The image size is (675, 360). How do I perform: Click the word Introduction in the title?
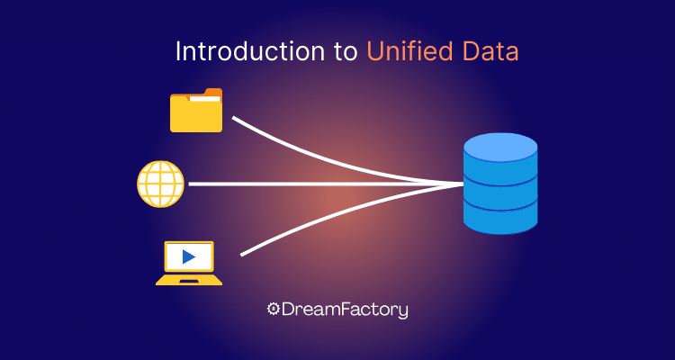tap(249, 52)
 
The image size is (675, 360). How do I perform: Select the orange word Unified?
tap(409, 52)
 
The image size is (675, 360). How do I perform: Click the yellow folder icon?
tap(196, 110)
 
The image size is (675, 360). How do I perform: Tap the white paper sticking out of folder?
tap(204, 99)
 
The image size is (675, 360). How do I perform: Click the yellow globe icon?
tap(160, 184)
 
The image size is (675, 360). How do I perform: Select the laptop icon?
tap(189, 263)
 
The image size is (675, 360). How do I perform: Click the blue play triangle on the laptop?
tap(188, 257)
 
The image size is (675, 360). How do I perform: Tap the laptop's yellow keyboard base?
tap(189, 280)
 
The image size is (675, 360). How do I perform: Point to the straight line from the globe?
tap(326, 184)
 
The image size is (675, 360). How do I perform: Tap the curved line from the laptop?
tap(345, 210)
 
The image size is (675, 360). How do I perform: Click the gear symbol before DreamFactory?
tap(273, 309)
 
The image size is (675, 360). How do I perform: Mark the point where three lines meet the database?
tap(463, 184)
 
